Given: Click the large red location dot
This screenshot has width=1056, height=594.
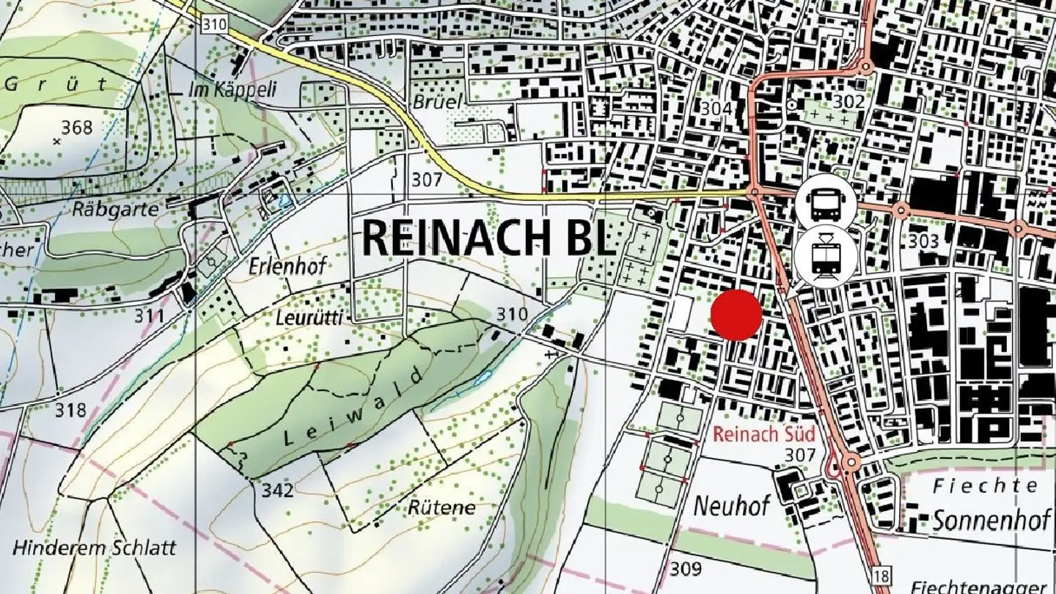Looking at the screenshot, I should [737, 315].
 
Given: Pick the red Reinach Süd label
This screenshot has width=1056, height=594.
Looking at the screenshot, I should [763, 433].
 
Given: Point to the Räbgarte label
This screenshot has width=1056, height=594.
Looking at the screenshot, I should [116, 209].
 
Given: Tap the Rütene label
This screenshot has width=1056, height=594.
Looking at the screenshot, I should [441, 507].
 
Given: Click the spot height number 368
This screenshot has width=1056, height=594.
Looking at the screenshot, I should [77, 128].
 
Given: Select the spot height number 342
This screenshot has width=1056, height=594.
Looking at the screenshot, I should [278, 490].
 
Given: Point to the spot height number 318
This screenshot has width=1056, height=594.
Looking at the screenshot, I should [70, 410].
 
